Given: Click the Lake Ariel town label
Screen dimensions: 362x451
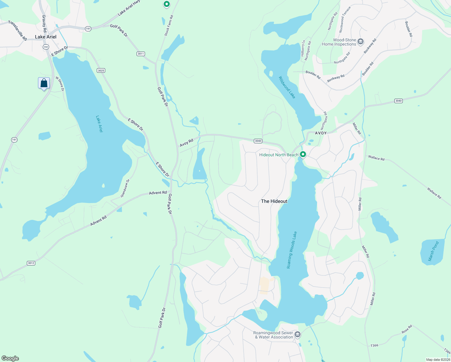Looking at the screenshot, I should (x=46, y=37).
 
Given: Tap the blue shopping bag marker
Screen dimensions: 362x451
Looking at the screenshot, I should (x=44, y=83).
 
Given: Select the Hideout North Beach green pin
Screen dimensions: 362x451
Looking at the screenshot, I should (x=303, y=154).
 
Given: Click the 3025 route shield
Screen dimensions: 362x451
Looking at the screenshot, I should (x=101, y=71).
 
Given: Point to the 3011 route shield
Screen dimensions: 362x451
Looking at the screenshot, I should (x=141, y=54).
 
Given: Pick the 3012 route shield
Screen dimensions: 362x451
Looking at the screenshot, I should (x=31, y=263).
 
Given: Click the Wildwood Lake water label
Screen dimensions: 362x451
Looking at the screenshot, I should (x=287, y=87).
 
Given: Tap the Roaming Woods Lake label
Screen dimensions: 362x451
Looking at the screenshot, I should (x=292, y=250).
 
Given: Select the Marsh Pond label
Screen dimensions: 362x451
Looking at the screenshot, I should (x=434, y=251).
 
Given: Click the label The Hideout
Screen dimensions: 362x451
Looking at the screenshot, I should (x=274, y=201).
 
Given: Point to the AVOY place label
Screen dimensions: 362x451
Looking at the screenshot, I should (x=321, y=133).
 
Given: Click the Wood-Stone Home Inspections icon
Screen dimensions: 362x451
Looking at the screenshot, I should (x=361, y=42).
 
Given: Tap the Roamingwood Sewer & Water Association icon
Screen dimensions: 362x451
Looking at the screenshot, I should (x=298, y=334).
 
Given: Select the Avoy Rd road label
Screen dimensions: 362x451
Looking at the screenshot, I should (x=187, y=143).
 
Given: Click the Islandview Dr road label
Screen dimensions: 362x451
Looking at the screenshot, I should (x=125, y=189).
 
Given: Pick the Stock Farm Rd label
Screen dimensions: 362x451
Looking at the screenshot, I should (x=169, y=26).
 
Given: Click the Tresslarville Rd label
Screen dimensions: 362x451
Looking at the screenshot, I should (x=17, y=30).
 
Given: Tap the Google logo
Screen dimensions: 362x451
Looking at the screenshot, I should (x=10, y=358).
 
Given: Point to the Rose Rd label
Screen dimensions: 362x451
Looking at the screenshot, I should (x=407, y=329).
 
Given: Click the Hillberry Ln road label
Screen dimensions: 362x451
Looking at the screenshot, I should (x=303, y=48).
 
